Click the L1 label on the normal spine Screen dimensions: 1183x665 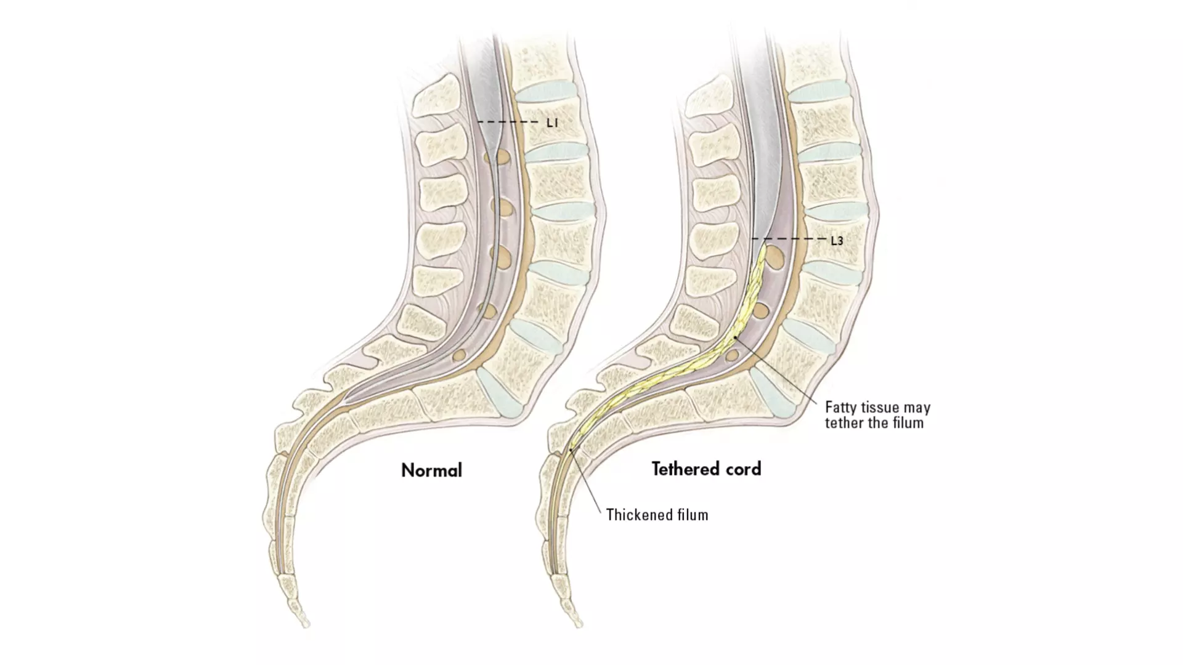(x=552, y=123)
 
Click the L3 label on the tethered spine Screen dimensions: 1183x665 (x=837, y=241)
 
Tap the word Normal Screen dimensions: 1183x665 (x=431, y=470)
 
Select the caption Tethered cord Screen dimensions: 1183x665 (x=707, y=469)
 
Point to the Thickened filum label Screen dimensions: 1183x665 (x=657, y=515)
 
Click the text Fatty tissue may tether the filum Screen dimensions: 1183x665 (x=877, y=415)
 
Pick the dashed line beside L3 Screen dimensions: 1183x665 (x=788, y=238)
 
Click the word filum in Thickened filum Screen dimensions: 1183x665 (x=690, y=515)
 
